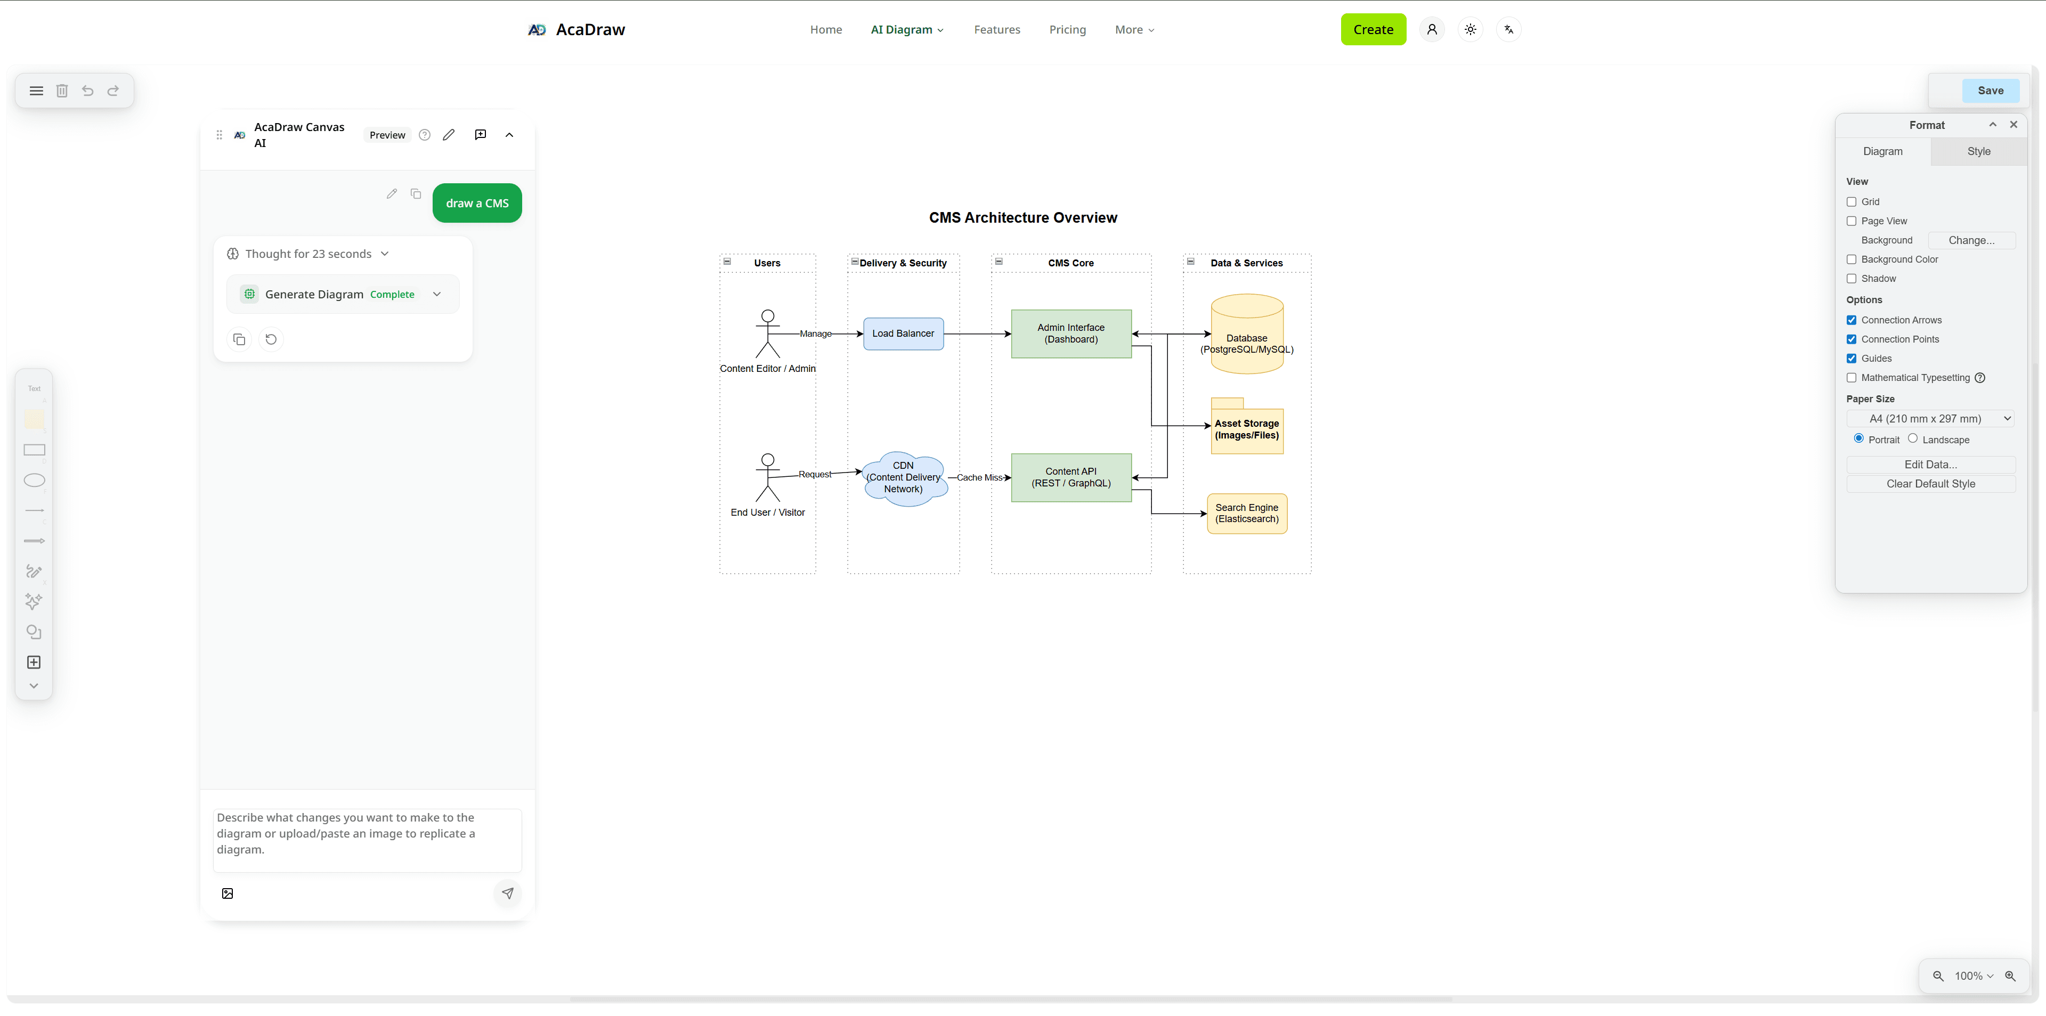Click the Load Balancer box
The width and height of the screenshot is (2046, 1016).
tap(903, 334)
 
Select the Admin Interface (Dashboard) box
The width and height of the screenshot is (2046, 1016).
tap(1070, 334)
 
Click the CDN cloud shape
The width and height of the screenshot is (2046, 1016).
tap(903, 477)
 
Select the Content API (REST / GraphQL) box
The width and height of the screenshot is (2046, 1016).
tap(1070, 477)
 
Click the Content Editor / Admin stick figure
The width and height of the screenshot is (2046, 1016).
tap(767, 334)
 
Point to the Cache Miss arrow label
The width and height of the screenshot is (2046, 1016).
tap(979, 477)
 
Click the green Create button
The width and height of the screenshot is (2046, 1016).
tap(1373, 29)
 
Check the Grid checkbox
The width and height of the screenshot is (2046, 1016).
tap(1852, 202)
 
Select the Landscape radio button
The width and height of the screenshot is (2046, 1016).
tap(1913, 438)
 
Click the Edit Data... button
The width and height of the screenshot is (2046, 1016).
tap(1930, 465)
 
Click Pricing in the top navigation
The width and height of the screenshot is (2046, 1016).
tap(1067, 29)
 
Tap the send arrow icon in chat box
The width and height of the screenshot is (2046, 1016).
tap(508, 893)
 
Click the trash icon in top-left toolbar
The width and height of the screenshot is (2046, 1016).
tap(62, 91)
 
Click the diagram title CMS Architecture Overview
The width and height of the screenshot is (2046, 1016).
tap(1022, 218)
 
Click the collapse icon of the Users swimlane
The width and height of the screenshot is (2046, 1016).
tap(727, 262)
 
